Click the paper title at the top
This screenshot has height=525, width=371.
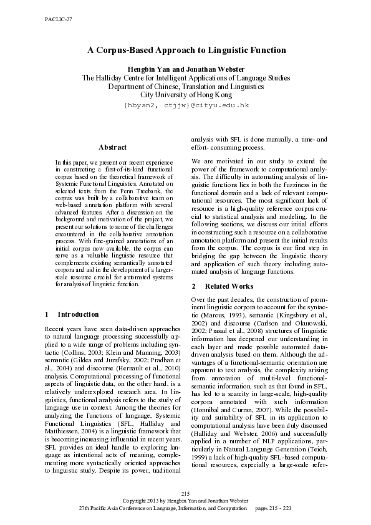click(x=186, y=50)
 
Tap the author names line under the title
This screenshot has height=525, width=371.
click(x=186, y=69)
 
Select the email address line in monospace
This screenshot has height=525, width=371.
click(x=186, y=105)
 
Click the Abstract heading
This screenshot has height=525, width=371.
click(x=112, y=147)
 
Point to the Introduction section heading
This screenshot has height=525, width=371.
click(x=77, y=314)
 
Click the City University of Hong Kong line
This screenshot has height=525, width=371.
click(x=186, y=95)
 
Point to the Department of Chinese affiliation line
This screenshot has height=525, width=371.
click(x=186, y=87)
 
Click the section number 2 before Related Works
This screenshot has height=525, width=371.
click(x=194, y=286)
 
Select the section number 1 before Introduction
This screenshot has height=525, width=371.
click(x=48, y=314)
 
